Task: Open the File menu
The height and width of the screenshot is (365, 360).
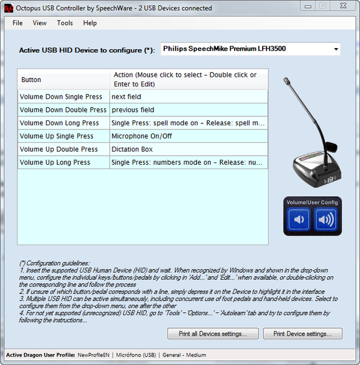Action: (x=18, y=23)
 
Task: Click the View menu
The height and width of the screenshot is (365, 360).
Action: (x=40, y=23)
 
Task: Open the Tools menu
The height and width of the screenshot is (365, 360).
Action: (x=65, y=23)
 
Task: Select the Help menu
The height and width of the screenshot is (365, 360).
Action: (x=90, y=23)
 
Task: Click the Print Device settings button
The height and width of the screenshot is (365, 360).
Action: (x=302, y=334)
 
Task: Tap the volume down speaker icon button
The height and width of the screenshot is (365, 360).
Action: (x=299, y=220)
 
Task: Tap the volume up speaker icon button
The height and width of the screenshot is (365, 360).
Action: (x=326, y=220)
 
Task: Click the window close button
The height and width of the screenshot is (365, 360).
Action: (x=344, y=6)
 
